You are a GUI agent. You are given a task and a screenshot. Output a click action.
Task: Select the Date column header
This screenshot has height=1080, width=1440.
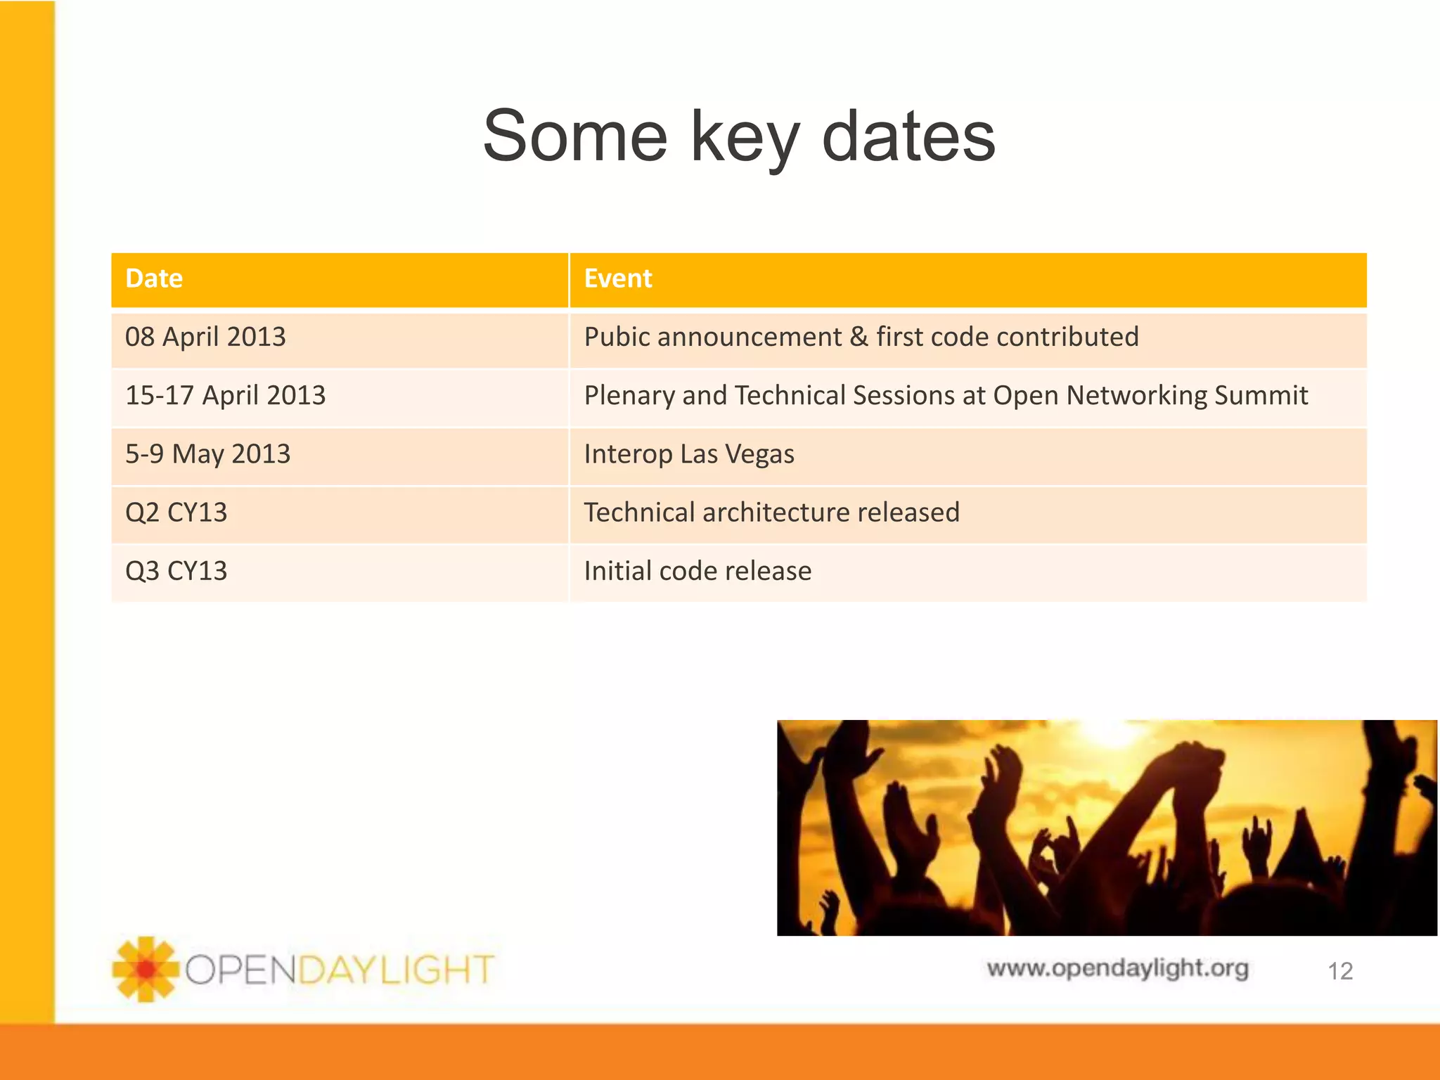pyautogui.click(x=154, y=278)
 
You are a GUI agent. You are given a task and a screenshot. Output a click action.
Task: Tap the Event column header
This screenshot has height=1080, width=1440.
pyautogui.click(x=618, y=278)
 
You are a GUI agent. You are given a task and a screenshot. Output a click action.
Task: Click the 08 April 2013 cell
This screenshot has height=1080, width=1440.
pyautogui.click(x=205, y=337)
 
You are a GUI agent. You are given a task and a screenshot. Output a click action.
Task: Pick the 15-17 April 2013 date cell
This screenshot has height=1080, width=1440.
pyautogui.click(x=225, y=395)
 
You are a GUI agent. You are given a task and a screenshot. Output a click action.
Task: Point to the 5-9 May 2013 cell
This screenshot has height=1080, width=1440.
pyautogui.click(x=207, y=454)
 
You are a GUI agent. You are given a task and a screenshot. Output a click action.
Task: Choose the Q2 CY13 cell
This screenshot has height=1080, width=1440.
pyautogui.click(x=176, y=512)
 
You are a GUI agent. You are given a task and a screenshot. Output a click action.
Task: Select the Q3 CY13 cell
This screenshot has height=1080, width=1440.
pyautogui.click(x=176, y=570)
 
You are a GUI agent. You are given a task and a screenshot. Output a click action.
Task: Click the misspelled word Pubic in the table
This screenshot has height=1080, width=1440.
pyautogui.click(x=617, y=337)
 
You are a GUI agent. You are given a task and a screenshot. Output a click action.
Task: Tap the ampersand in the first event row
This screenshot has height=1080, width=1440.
pyautogui.click(x=859, y=337)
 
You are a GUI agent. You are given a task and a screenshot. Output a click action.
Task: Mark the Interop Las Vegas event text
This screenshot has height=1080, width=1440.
pyautogui.click(x=689, y=454)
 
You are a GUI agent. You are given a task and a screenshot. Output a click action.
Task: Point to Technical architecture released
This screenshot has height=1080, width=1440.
pyautogui.click(x=771, y=512)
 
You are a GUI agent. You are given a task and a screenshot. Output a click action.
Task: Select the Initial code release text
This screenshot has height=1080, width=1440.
pyautogui.click(x=697, y=570)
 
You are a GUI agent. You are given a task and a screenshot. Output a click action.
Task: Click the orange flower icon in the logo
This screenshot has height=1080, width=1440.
pyautogui.click(x=146, y=969)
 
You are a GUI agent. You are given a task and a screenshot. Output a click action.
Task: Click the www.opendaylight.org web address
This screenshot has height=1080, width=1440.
pyautogui.click(x=1117, y=968)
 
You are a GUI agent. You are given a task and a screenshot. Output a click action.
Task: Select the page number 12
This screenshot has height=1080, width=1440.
pyautogui.click(x=1339, y=971)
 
